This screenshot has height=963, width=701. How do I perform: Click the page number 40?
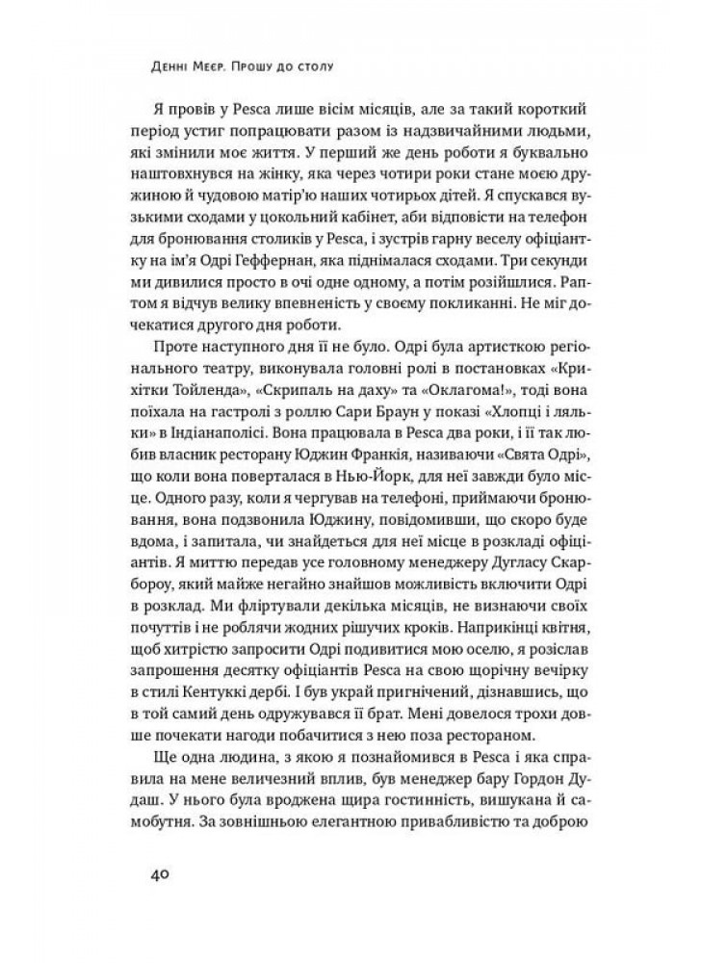coord(160,874)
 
